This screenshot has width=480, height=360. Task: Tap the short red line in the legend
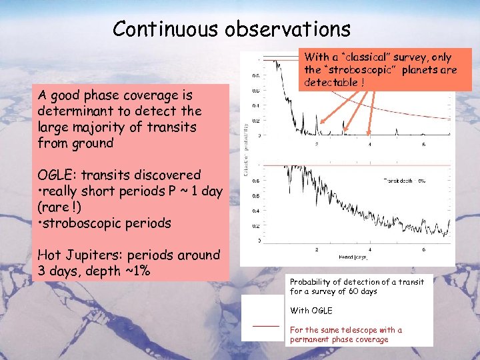click(x=266, y=326)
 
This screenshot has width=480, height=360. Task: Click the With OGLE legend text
click(x=311, y=311)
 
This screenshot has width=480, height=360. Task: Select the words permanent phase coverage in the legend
click(x=339, y=340)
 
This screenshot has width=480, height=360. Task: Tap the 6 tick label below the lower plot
click(x=424, y=249)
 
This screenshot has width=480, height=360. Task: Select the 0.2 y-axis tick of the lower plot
click(x=255, y=226)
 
